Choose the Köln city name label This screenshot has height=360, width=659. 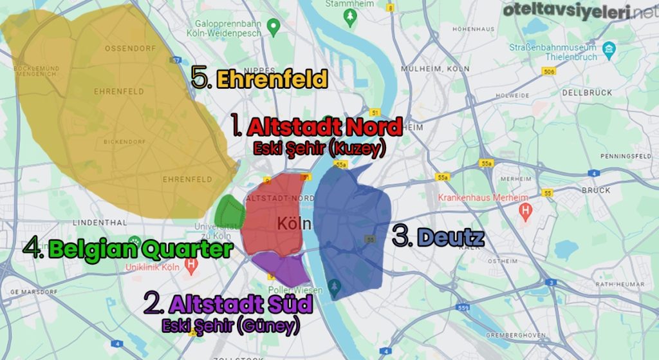click(x=294, y=223)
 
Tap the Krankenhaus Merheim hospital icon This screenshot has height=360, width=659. click(x=526, y=209)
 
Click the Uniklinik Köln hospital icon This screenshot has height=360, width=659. click(x=191, y=264)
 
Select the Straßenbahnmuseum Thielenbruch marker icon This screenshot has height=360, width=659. click(x=608, y=49)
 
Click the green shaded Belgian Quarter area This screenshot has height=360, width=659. click(x=229, y=211)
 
